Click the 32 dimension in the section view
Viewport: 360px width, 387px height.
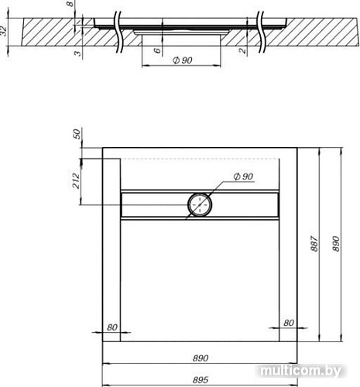[x=6, y=32]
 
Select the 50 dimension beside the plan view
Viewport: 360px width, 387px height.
[x=77, y=133]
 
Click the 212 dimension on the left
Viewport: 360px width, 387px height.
[x=77, y=180]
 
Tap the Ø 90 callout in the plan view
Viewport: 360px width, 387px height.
[x=242, y=177]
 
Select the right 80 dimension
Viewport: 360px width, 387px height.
[x=289, y=323]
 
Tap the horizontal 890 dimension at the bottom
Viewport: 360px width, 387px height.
[x=201, y=359]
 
